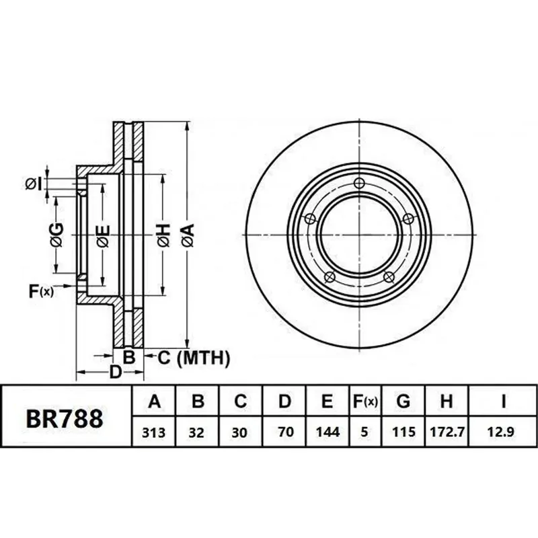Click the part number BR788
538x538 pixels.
tap(65, 418)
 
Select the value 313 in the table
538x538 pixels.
tap(154, 432)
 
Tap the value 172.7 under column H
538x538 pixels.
tap(447, 432)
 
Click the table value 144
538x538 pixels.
tap(328, 432)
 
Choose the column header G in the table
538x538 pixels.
tap(403, 401)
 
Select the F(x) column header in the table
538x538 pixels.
tap(365, 401)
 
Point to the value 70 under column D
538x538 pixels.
tap(286, 432)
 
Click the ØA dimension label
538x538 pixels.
tap(189, 235)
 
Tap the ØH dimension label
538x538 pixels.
tap(164, 235)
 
